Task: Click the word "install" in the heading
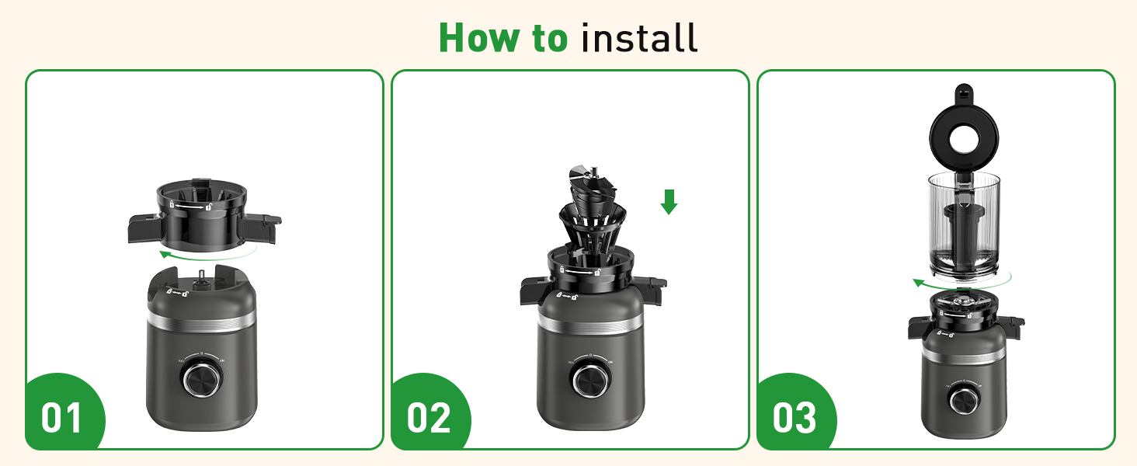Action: coord(639,37)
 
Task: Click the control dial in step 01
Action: coord(201,379)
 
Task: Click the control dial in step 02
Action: coord(590,381)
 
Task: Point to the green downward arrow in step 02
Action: coord(669,202)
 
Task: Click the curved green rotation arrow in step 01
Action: coord(206,253)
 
